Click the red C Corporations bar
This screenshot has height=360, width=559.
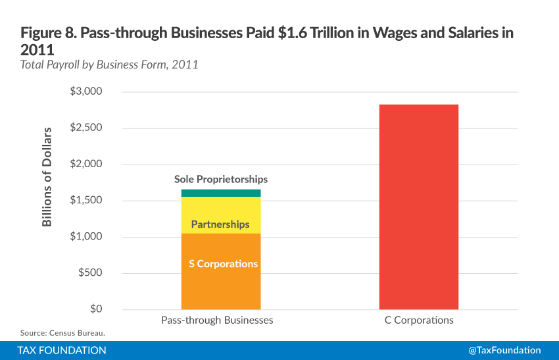418,207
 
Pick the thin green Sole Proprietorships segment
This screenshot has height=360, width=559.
221,193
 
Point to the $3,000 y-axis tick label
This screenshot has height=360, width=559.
86,91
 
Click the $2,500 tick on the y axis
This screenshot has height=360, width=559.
86,128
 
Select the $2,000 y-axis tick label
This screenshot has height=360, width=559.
86,164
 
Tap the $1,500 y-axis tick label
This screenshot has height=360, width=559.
86,201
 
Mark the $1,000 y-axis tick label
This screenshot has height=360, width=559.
86,237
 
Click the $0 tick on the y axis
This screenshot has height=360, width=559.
95,309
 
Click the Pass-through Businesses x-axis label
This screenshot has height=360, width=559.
217,321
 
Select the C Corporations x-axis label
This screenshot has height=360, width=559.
419,321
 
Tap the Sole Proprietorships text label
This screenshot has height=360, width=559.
221,179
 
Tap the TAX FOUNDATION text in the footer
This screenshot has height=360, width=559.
62,350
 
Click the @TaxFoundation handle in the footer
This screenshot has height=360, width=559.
504,350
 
